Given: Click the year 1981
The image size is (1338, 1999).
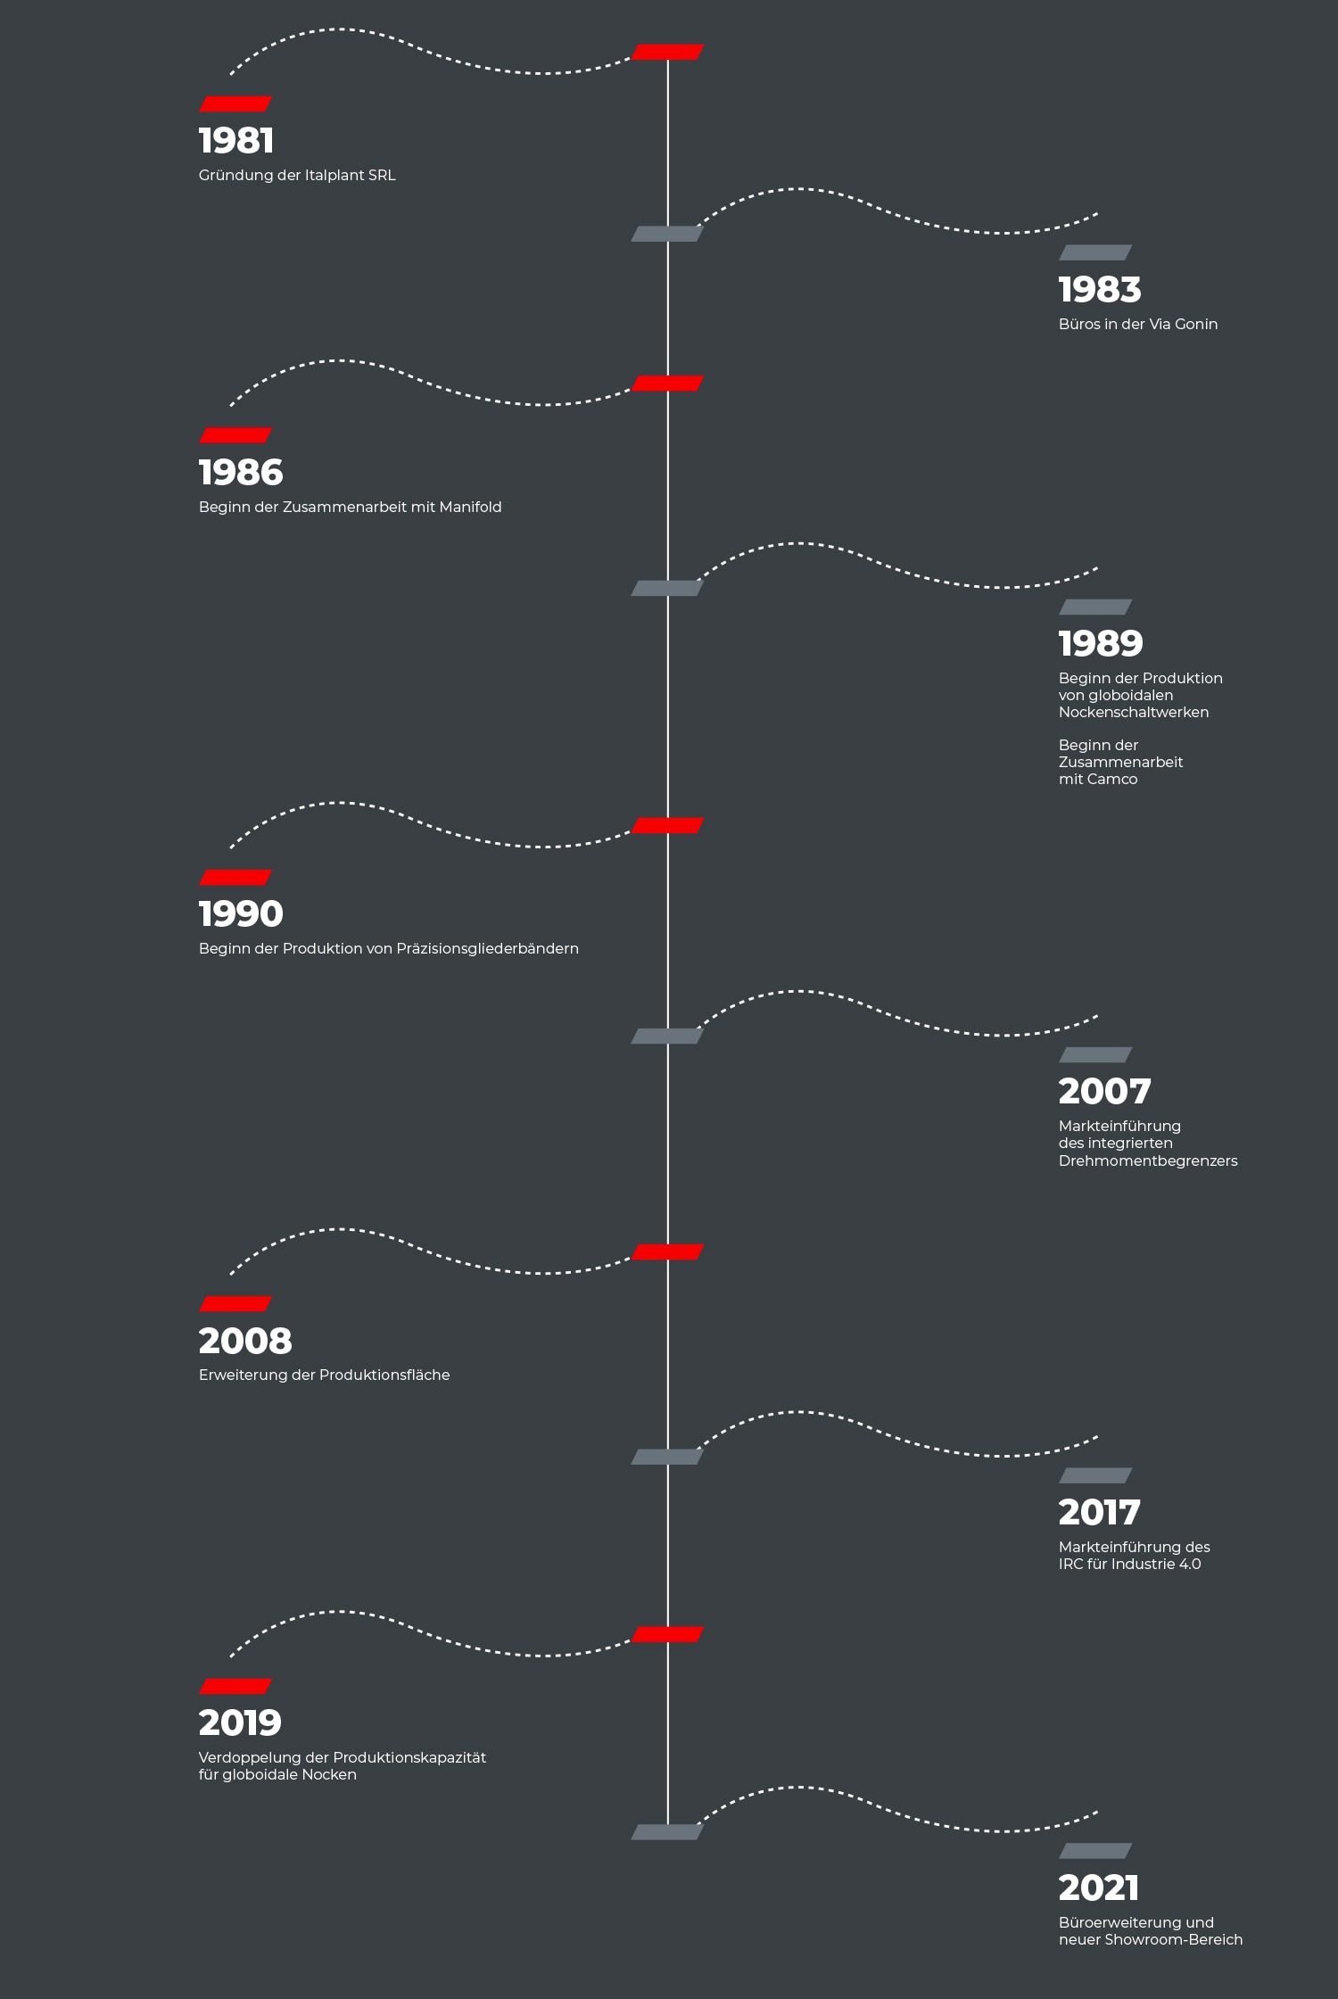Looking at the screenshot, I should [236, 141].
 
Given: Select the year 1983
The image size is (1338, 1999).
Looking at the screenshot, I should [1100, 290].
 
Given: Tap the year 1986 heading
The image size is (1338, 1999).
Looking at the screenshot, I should [241, 473].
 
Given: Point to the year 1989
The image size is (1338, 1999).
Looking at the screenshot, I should [1101, 644].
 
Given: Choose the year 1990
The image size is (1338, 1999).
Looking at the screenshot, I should [241, 914].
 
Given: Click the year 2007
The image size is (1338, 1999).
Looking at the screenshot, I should [1104, 1092].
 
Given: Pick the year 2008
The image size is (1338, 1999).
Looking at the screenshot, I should [245, 1341].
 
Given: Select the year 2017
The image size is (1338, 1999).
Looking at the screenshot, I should [1099, 1513].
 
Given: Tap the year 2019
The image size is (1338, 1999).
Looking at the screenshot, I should [240, 1723].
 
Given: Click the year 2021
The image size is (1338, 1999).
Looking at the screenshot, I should [1099, 1888].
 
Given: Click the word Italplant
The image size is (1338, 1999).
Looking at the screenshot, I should [334, 176].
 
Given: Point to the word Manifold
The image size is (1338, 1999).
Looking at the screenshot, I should [470, 508].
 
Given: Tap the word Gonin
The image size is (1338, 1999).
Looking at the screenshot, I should [1195, 325].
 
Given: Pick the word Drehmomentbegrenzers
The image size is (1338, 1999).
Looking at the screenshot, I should [1148, 1161].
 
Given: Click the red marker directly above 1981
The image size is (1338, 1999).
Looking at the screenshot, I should [235, 104].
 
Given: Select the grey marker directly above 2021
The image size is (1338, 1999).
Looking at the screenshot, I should [1095, 1851].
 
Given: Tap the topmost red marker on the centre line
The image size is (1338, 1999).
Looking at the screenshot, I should [668, 53].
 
